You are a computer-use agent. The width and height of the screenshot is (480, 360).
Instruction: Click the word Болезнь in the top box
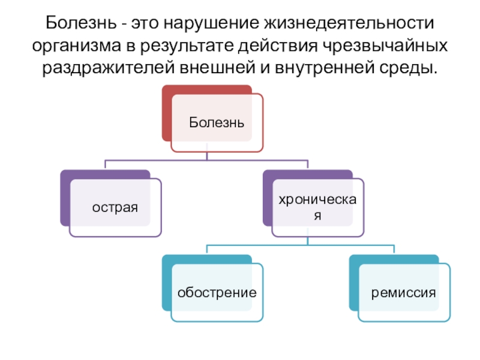[217, 122]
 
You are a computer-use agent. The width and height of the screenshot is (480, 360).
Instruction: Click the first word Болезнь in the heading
[82, 25]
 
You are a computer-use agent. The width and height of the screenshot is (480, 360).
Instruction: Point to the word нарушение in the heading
[206, 25]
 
